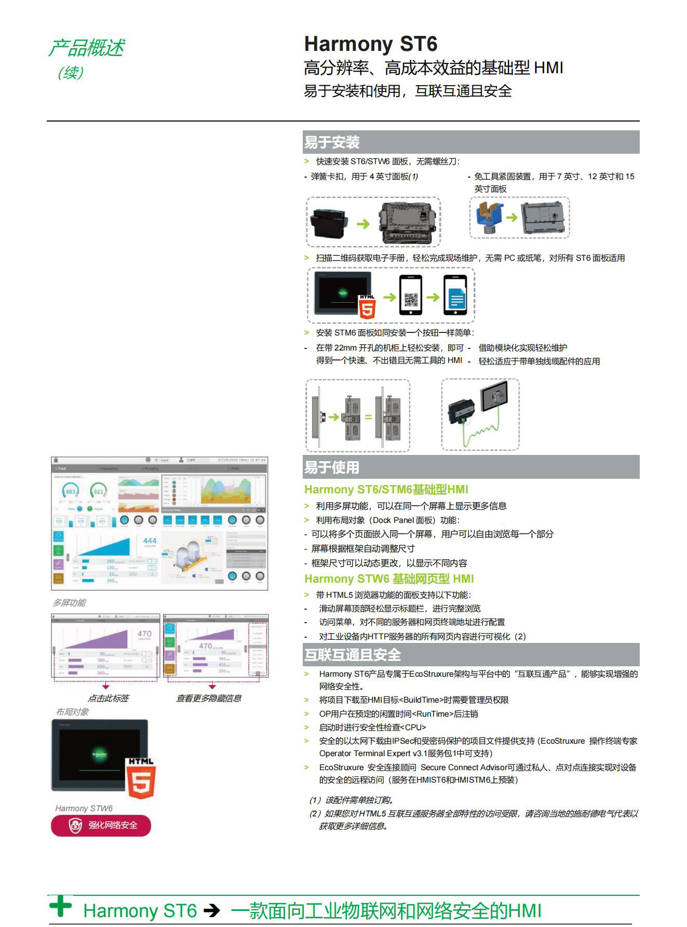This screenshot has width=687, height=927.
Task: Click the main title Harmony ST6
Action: pos(370,44)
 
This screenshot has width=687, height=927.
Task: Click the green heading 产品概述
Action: pos(86,48)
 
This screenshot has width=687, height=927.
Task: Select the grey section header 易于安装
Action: pos(332,142)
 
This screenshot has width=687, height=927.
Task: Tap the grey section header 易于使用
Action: pos(332,467)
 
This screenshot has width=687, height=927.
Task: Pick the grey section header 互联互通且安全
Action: pos(353,655)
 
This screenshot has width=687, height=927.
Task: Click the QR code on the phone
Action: pos(411,300)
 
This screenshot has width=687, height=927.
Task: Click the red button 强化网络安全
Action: pos(101,825)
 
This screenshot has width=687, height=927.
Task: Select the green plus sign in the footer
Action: pos(61,906)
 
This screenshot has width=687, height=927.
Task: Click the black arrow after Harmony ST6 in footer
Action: pos(212,910)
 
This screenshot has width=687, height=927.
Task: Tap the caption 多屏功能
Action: pos(69,603)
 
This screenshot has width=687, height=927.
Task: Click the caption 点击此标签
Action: pos(108,698)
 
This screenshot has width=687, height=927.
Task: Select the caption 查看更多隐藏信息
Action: pos(208,698)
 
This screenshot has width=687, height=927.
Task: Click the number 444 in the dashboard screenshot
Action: pos(150,541)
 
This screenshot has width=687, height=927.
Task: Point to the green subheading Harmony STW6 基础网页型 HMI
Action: pos(389,579)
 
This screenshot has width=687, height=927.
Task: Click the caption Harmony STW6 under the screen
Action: pos(84,809)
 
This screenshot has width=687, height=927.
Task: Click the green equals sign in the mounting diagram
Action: pos(368,417)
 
